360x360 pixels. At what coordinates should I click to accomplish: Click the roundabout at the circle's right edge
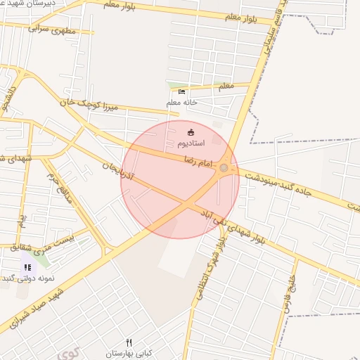pos(224,167)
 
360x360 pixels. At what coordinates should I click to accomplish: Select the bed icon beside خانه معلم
pos(182,92)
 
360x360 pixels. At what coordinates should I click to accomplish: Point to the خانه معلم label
pos(181,103)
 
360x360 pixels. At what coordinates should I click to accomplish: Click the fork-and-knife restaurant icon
pos(129,342)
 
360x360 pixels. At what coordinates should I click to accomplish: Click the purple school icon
pos(27,267)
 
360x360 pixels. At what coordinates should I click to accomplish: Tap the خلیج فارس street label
pos(288,284)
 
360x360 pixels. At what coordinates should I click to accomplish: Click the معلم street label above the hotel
pos(226,86)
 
